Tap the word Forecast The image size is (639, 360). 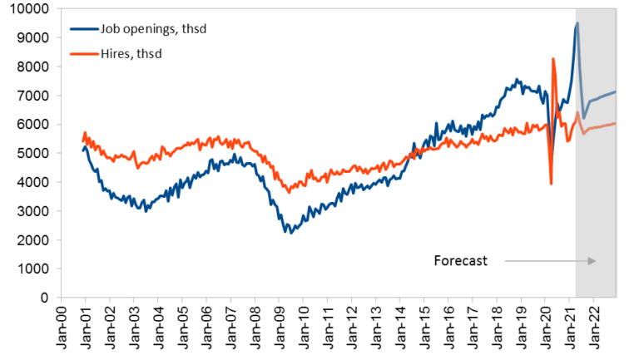(460, 260)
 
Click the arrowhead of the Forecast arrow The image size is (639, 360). (592, 261)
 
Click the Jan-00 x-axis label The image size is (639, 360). (59, 330)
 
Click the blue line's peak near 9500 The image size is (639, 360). (577, 23)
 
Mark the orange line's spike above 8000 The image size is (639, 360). (553, 59)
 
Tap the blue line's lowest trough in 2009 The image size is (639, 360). (290, 232)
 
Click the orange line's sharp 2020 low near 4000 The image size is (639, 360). (551, 183)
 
